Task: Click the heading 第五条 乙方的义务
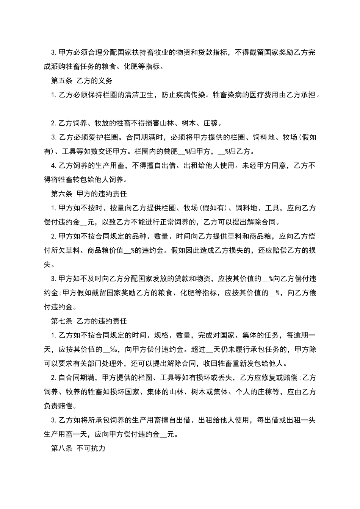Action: pos(81,81)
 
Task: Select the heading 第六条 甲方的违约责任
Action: pos(89,194)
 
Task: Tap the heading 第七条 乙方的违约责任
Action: pos(89,321)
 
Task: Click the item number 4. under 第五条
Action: pos(53,166)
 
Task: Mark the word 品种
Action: pos(139,236)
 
